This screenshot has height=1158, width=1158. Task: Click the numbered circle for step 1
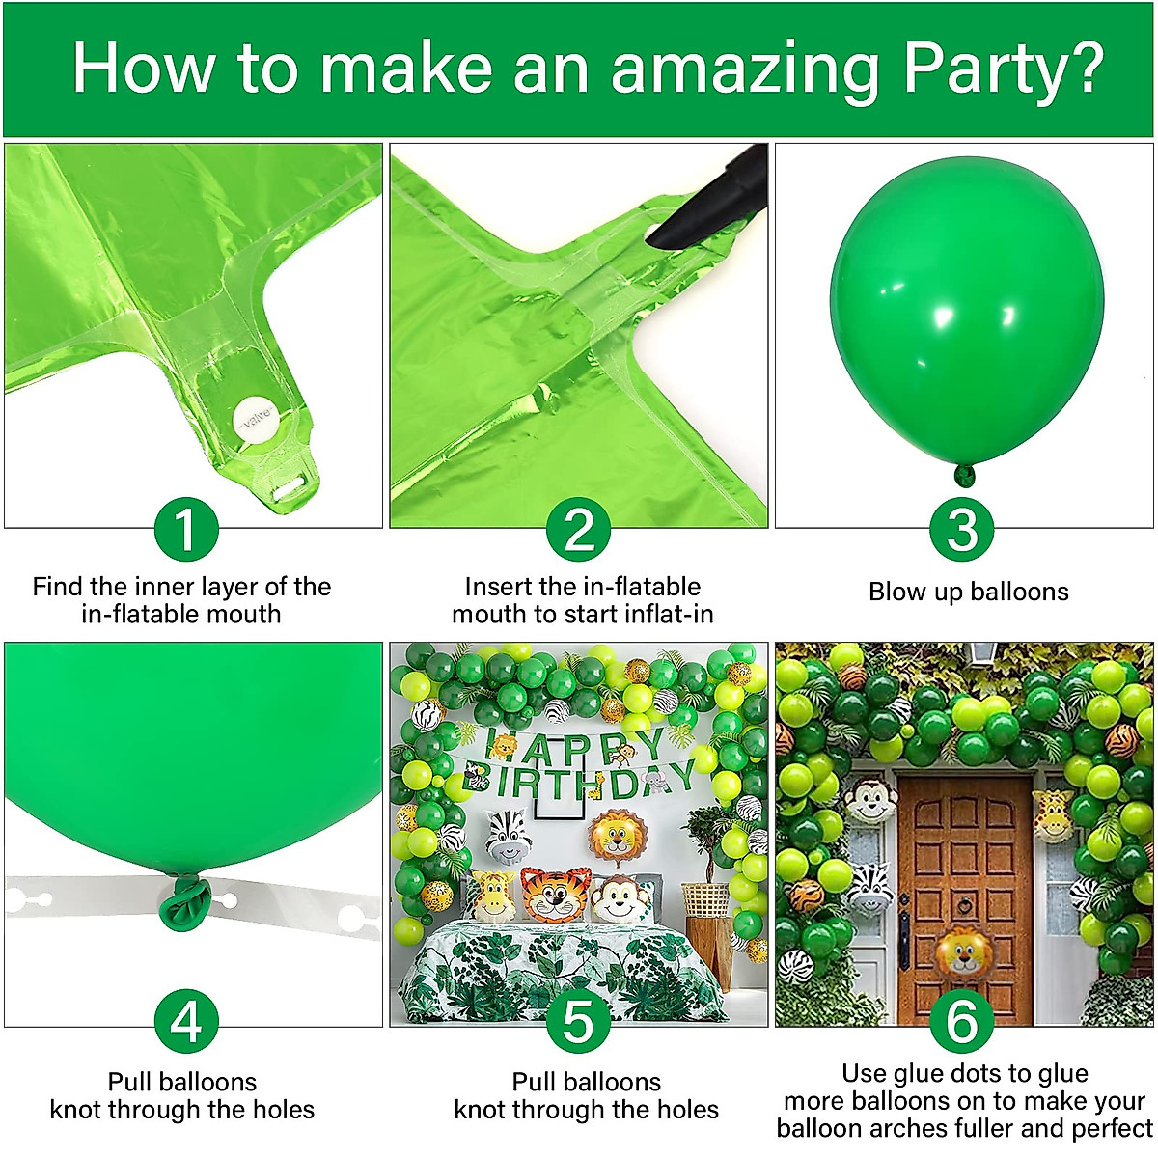(x=185, y=529)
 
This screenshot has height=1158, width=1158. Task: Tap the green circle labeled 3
(x=962, y=529)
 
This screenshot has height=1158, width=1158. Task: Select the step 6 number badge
(x=962, y=1021)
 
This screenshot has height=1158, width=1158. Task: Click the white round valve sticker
(x=257, y=421)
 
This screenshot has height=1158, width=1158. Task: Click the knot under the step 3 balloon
(x=964, y=475)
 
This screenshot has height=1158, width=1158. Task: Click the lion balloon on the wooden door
(x=963, y=953)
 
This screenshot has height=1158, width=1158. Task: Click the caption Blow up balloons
(x=968, y=592)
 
